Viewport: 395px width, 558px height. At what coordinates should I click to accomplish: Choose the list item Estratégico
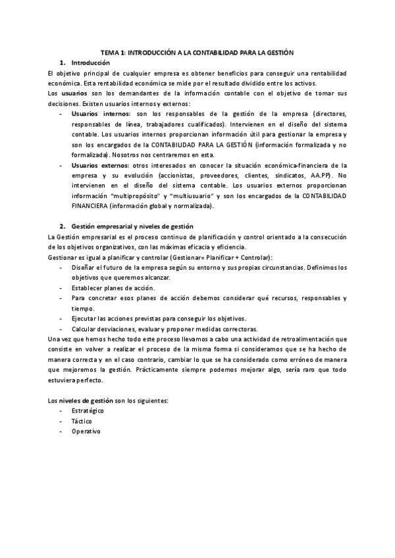[x=88, y=411]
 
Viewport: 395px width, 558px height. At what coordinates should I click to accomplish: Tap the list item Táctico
[x=82, y=420]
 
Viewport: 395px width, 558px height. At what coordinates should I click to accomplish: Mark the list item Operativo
[x=86, y=431]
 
